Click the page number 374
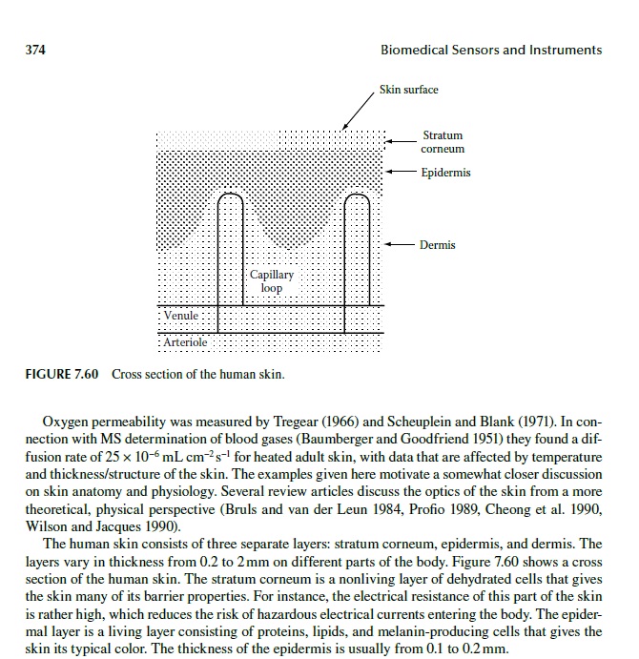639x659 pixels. click(36, 50)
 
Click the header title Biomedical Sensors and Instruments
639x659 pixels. click(490, 50)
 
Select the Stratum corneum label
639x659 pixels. click(443, 143)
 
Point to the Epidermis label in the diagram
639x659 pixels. click(445, 173)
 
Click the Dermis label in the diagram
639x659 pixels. click(438, 245)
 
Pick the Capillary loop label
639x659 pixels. click(272, 280)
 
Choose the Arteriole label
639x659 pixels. click(185, 341)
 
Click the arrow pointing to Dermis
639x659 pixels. click(401, 245)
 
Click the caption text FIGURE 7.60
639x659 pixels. click(62, 374)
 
